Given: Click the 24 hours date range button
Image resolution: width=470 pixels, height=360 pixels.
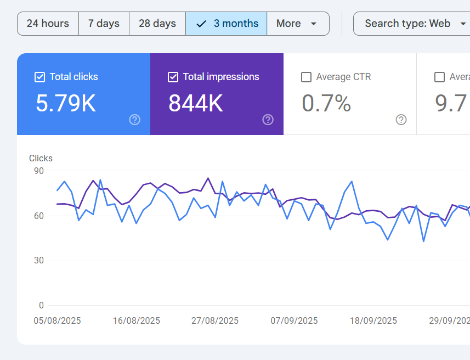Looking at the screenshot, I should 48,24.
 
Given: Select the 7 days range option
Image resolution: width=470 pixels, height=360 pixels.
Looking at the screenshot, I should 104,24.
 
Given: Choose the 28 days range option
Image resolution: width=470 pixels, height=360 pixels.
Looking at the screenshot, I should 157,24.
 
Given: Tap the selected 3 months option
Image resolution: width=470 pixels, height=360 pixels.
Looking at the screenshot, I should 226,24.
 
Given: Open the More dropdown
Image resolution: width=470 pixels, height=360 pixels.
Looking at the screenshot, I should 297,24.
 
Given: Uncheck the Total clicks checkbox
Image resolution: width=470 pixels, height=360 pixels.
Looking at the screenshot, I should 39,77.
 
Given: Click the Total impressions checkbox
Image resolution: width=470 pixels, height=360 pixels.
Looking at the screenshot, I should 173,77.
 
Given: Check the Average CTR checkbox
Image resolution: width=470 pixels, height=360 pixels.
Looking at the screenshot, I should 307,77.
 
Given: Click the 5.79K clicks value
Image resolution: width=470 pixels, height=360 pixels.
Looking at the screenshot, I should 66,103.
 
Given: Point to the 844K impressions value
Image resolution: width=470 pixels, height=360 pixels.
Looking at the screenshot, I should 196,103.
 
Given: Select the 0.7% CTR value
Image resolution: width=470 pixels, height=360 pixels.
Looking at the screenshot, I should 326,103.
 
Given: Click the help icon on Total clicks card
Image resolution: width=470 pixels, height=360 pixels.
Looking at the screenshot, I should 135,120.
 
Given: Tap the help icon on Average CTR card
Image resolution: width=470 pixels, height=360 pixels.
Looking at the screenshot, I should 401,120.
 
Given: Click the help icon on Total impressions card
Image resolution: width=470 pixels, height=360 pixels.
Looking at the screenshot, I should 268,120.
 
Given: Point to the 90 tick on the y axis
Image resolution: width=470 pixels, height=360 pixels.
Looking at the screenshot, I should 38,171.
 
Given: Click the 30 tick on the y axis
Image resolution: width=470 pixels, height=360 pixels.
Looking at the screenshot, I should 38,261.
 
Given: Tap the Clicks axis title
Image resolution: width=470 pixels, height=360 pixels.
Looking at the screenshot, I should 41,159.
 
